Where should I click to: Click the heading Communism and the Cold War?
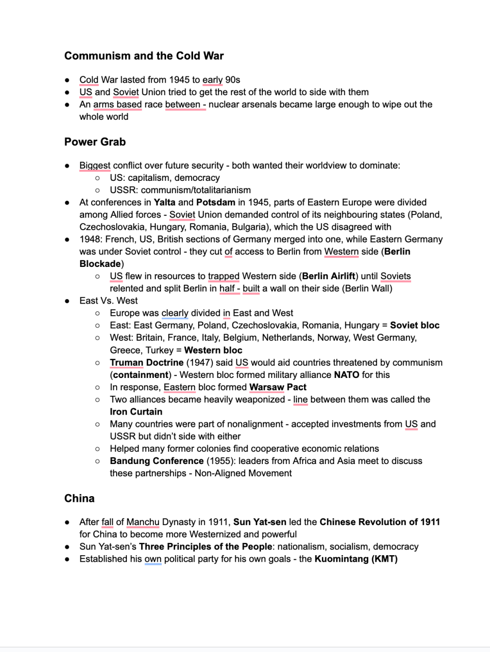144,56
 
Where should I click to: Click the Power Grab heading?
95,142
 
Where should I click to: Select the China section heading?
79,499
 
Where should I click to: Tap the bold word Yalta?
165,203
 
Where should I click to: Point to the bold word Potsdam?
215,203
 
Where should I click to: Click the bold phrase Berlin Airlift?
329,277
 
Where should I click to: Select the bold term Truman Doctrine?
146,363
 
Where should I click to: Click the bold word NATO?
346,375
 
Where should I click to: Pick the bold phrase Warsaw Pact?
278,387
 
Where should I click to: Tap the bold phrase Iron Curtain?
136,412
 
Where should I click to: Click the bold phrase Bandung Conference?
156,461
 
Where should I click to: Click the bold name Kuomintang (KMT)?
356,559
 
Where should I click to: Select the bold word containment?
141,375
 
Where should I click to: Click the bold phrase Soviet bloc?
415,325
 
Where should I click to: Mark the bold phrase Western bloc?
213,350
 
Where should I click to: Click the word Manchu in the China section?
143,522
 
